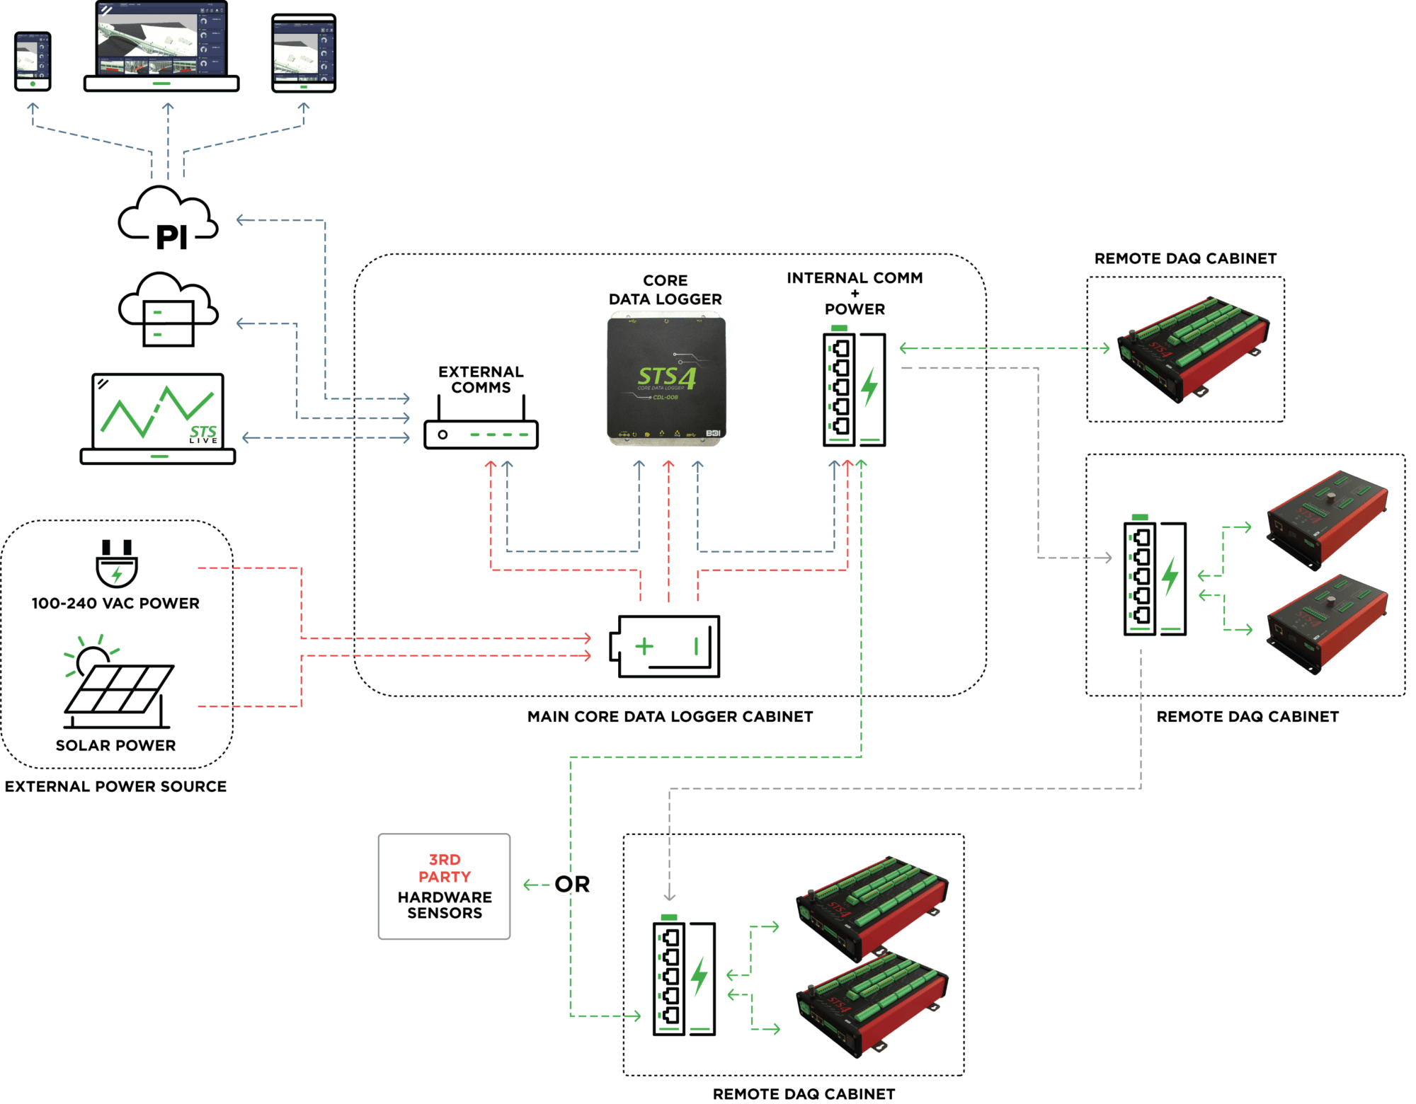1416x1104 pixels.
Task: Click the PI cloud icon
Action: (169, 218)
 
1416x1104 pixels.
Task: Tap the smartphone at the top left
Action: (33, 61)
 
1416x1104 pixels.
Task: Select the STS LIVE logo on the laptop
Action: (203, 434)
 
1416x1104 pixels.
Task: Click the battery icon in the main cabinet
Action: (666, 646)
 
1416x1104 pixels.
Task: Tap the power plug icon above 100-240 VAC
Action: (117, 563)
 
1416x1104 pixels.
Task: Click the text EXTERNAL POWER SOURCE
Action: (115, 787)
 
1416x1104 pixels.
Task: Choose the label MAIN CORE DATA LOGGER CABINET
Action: (670, 717)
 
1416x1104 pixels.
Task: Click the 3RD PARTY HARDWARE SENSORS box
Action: (445, 887)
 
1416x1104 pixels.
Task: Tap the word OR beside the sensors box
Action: (573, 885)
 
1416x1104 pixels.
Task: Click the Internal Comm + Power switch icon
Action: (855, 389)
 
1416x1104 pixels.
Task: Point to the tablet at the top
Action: (304, 53)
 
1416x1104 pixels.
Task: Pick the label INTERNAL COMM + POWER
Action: (855, 293)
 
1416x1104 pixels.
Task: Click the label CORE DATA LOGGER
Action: (666, 290)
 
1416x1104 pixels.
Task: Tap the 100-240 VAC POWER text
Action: (115, 604)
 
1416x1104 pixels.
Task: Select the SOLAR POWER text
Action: (115, 745)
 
